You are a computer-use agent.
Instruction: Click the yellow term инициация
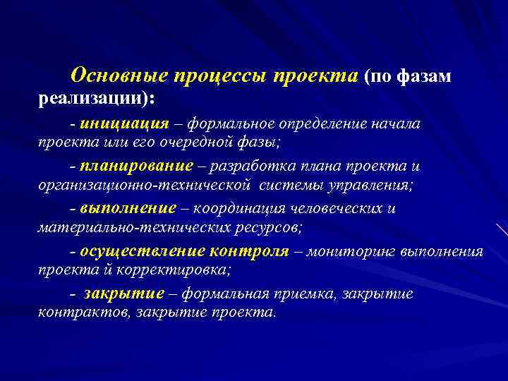(124, 124)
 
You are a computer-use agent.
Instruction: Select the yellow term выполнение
(128, 209)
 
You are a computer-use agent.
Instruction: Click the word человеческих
(339, 209)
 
